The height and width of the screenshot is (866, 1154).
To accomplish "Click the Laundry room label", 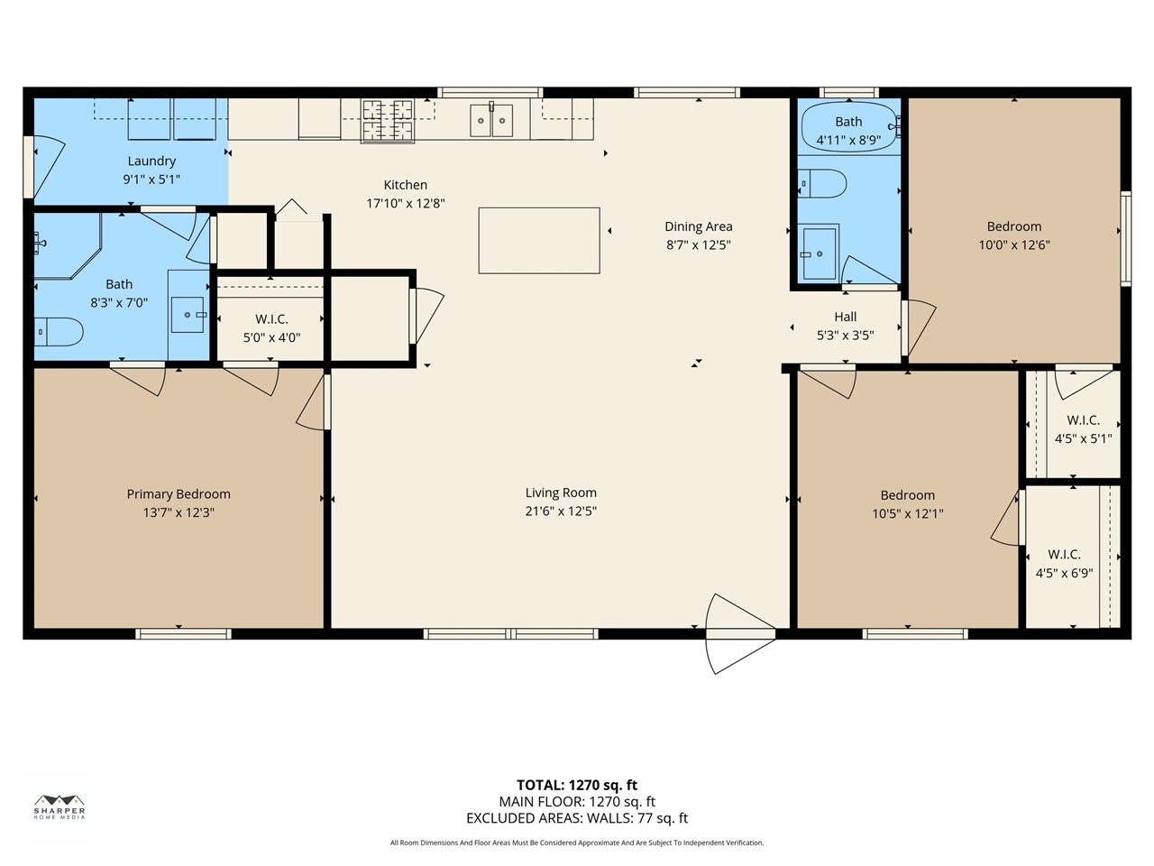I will click(x=151, y=161).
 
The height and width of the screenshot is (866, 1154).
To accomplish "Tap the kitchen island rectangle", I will click(x=539, y=240).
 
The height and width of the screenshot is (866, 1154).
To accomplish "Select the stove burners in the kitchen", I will click(x=388, y=120).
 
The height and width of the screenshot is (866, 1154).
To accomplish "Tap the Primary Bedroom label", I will click(x=179, y=494).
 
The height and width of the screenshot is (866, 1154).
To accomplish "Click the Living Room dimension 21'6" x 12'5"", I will click(x=561, y=511).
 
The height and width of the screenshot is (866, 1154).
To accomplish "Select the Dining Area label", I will click(x=698, y=226).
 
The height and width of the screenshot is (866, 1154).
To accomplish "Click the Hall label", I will click(x=846, y=317).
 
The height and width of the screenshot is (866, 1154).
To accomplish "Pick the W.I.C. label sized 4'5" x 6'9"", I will click(x=1064, y=555).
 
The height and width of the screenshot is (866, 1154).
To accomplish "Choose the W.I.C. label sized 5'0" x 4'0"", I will click(x=271, y=319).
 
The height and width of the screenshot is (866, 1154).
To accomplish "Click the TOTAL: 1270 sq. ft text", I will click(x=577, y=785).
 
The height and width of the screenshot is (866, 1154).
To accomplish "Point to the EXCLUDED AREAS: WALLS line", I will click(x=577, y=818).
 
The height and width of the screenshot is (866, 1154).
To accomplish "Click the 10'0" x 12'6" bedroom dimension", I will click(x=1014, y=244).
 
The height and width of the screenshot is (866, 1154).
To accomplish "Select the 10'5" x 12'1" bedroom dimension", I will click(x=907, y=513).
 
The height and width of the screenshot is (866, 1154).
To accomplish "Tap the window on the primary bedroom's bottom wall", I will click(x=183, y=633).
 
